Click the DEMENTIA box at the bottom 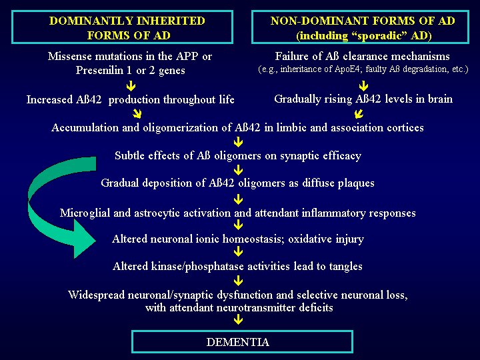(238, 342)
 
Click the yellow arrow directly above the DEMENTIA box (238, 320)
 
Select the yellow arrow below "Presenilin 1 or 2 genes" (131, 85)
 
